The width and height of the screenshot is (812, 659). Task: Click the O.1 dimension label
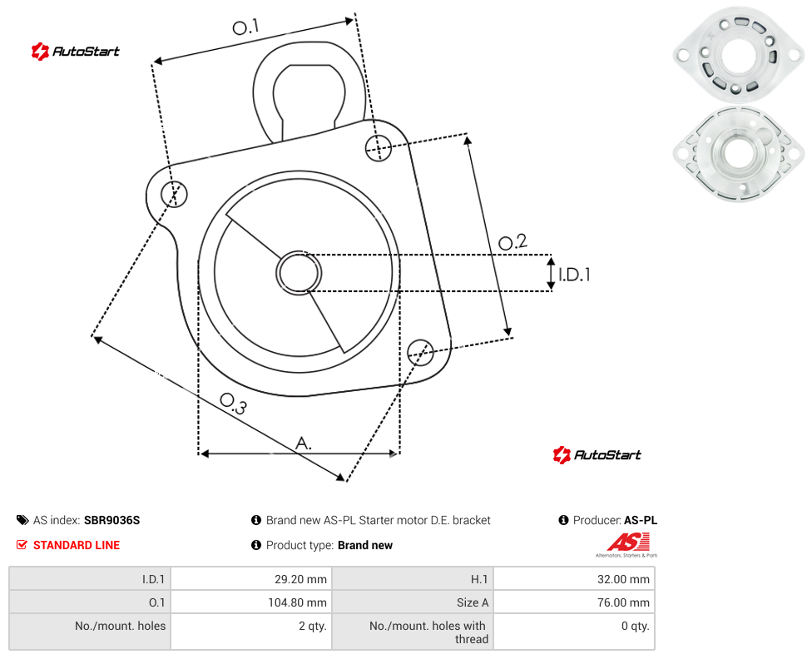point(245,27)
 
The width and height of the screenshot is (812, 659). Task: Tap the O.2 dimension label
point(512,241)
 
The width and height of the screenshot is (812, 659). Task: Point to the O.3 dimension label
point(233,404)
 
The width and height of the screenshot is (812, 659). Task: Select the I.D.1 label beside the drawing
point(574,274)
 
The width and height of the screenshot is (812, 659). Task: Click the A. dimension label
point(304,443)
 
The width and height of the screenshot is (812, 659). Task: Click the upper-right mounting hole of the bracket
point(379,147)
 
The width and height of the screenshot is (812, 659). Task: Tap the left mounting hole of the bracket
point(174,194)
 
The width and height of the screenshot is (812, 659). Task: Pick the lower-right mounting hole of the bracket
point(420,352)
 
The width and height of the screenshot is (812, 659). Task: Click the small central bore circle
point(299,273)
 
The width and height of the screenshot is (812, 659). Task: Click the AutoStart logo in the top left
point(76,51)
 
